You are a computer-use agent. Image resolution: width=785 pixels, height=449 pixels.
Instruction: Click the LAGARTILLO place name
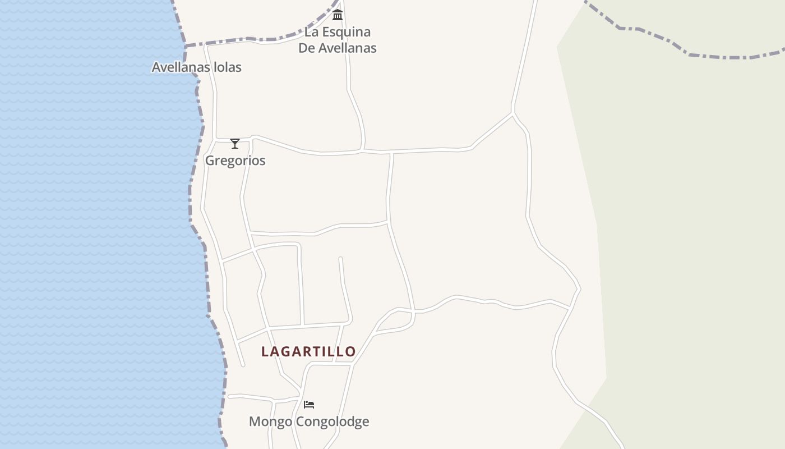[x=308, y=351]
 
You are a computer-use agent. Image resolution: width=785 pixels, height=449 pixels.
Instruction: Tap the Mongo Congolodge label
[x=309, y=421]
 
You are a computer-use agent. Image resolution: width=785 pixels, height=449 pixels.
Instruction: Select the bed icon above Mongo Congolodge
[x=309, y=404]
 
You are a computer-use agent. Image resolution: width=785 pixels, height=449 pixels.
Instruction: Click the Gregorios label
[x=235, y=161]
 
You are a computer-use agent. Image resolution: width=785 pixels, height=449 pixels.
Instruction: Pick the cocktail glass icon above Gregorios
[x=235, y=144]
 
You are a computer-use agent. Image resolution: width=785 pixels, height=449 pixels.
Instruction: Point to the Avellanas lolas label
[x=197, y=67]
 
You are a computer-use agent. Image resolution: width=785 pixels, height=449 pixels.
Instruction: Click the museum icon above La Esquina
[x=338, y=15]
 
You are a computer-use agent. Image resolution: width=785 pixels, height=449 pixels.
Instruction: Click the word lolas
[x=228, y=67]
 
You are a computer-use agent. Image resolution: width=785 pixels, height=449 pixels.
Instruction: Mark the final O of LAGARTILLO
[x=350, y=352]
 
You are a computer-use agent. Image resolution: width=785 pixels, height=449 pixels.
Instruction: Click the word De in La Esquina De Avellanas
[x=307, y=48]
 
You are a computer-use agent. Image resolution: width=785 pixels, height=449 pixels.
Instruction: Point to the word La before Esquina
[x=311, y=32]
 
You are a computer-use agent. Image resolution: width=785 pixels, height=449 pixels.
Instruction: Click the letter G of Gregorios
[x=210, y=161]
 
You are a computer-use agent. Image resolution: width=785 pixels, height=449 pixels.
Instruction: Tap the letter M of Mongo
[x=254, y=421]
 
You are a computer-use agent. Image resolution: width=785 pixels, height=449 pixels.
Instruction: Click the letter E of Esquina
[x=325, y=32]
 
